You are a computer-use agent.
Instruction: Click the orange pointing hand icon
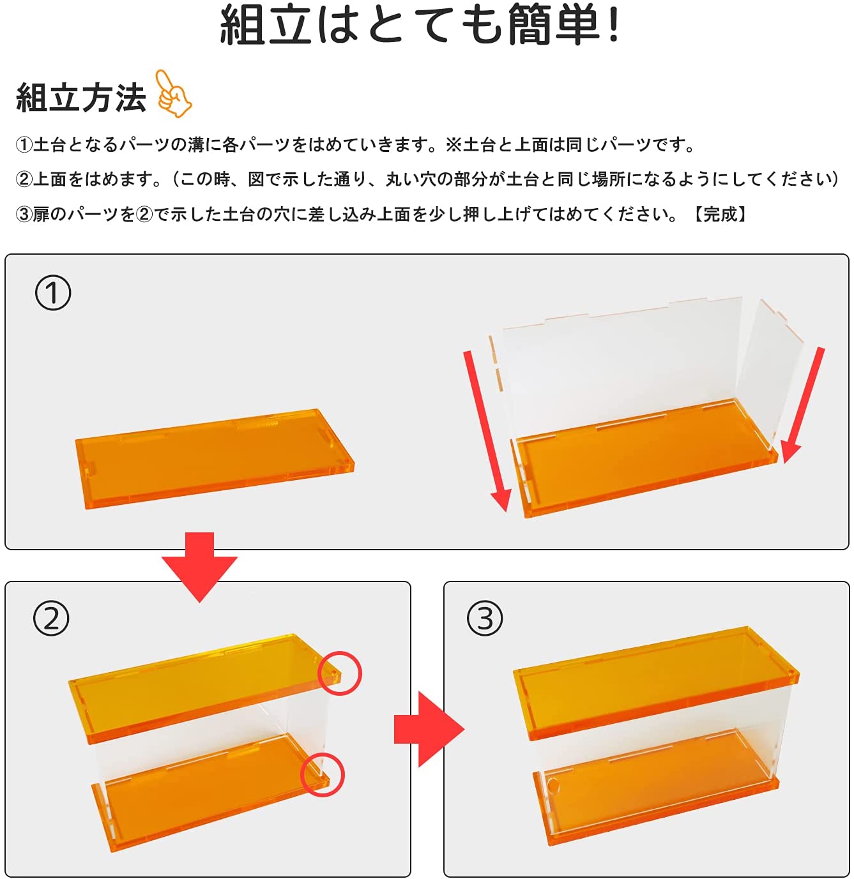click(x=172, y=94)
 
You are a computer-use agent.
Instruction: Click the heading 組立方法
click(x=81, y=98)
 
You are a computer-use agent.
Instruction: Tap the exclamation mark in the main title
click(x=613, y=24)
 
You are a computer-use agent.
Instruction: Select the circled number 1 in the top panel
click(x=53, y=293)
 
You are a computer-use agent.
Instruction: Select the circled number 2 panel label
click(x=51, y=618)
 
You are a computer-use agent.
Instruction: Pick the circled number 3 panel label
click(x=485, y=618)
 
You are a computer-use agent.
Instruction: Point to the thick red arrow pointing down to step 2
click(x=199, y=567)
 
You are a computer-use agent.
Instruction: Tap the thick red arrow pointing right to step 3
click(x=429, y=729)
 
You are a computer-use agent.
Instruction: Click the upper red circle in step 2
click(x=340, y=673)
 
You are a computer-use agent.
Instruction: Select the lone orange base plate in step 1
click(x=215, y=458)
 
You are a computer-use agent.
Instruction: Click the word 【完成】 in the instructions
click(x=720, y=214)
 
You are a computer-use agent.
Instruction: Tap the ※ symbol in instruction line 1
click(x=454, y=144)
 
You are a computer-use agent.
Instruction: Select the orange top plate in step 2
click(x=206, y=688)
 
